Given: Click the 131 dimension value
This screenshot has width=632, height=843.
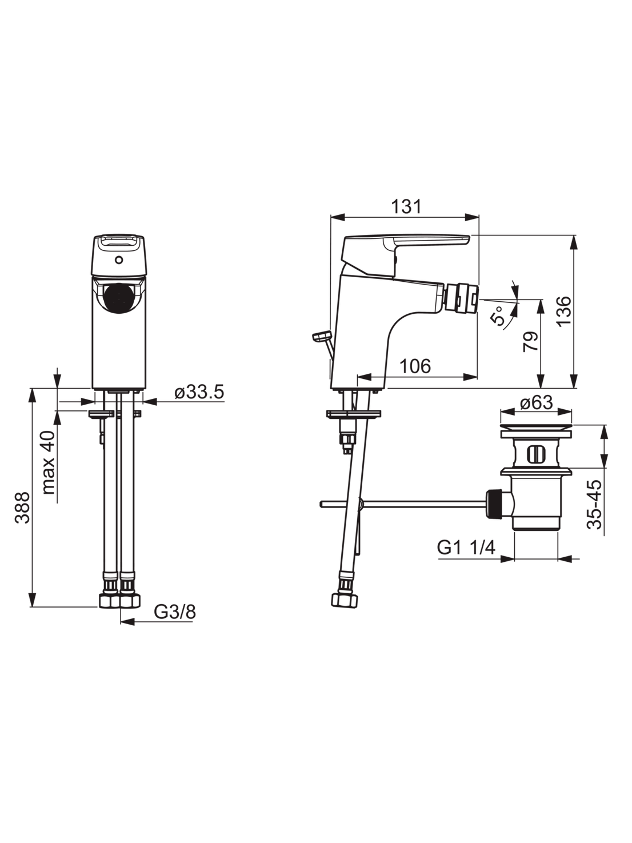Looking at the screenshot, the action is [406, 207].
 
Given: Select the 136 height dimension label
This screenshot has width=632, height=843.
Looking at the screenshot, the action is [564, 311].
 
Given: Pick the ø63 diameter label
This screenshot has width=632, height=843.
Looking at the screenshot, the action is [537, 403].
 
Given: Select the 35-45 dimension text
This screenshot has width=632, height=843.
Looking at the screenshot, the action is [595, 505].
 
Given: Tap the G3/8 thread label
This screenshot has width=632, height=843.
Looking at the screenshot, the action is [175, 612].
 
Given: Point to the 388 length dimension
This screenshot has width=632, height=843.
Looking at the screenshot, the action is [23, 508].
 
